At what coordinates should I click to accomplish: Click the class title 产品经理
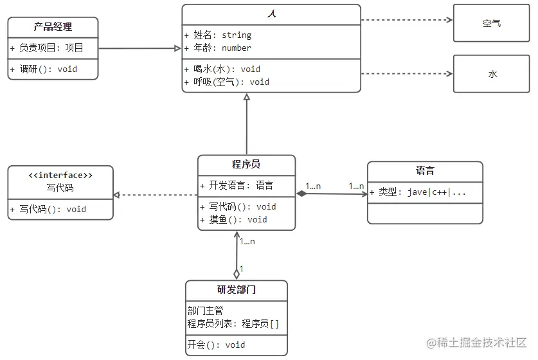tap(53, 27)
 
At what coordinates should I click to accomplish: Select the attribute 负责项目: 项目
tap(47, 48)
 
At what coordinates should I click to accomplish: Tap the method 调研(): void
tap(44, 69)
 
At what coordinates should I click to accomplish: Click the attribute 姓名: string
tap(217, 35)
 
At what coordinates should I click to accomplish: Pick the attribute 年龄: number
tap(217, 48)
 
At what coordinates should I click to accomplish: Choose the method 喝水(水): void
tap(222, 69)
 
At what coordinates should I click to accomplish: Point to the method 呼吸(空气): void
tap(226, 82)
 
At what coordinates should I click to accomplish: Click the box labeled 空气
tap(492, 24)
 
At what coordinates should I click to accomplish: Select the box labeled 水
tap(492, 74)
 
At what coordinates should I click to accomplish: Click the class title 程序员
tap(246, 165)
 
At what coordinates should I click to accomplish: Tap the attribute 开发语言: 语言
tap(237, 186)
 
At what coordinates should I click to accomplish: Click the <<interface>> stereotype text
tap(60, 175)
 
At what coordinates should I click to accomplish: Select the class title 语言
tap(425, 171)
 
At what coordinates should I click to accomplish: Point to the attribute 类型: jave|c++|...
tap(417, 192)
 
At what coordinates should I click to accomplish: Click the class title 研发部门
tap(236, 290)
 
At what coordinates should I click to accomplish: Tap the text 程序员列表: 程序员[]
tap(233, 323)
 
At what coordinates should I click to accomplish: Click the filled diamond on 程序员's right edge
tap(301, 193)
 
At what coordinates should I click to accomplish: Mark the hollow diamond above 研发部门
tap(237, 273)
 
